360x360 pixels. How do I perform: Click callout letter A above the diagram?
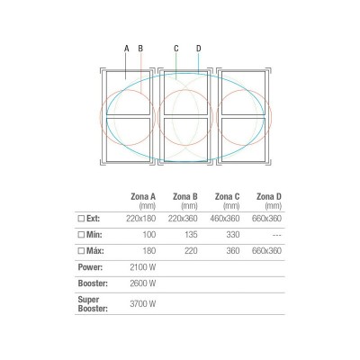pos(127,49)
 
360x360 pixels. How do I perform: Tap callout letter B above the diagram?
pos(140,49)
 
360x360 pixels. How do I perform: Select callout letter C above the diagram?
pos(176,49)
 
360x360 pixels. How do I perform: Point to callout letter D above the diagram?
pos(199,49)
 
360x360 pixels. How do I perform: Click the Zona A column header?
pos(143,197)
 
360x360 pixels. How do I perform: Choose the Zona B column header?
pos(185,197)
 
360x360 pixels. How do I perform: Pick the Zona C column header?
pos(227,197)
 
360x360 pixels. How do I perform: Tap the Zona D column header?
pos(269,197)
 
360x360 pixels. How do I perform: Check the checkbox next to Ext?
pos(81,219)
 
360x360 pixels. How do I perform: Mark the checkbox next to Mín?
pos(81,235)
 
